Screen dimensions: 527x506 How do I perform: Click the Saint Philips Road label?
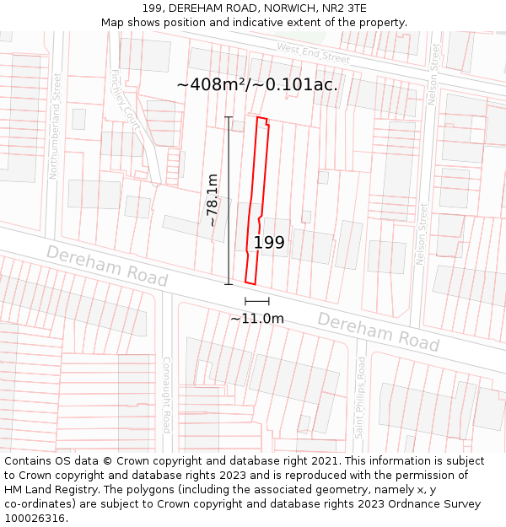360,397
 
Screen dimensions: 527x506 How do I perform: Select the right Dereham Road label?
379,331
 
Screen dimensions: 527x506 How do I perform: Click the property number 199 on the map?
269,243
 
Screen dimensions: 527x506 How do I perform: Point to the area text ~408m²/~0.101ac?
257,84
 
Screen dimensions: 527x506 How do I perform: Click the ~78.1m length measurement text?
213,200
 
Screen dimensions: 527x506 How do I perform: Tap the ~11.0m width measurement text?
257,318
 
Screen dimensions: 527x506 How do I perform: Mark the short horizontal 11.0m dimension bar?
257,301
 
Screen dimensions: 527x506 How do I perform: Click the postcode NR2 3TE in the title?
343,8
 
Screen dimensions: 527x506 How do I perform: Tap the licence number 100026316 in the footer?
35,518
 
